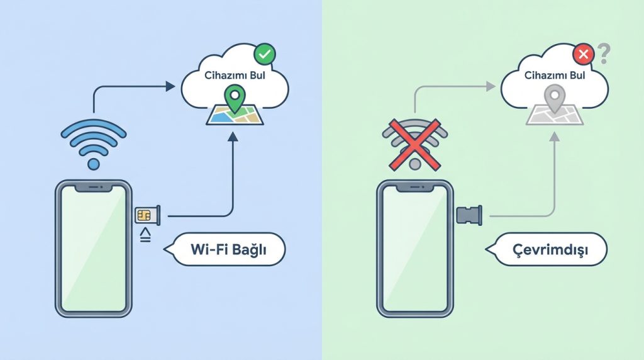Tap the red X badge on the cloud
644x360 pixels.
(x=584, y=55)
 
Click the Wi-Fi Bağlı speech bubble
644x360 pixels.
(x=227, y=250)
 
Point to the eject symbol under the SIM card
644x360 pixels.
(x=144, y=236)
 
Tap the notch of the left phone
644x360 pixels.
(x=94, y=188)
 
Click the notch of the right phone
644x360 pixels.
(x=414, y=188)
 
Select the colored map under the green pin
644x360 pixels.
(x=234, y=115)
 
